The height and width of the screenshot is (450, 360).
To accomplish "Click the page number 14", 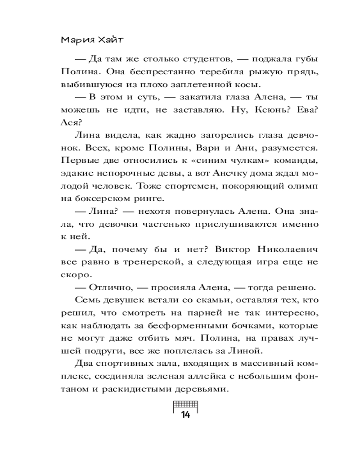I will point(185,414).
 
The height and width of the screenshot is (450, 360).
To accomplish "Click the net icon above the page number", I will point(185,403).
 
